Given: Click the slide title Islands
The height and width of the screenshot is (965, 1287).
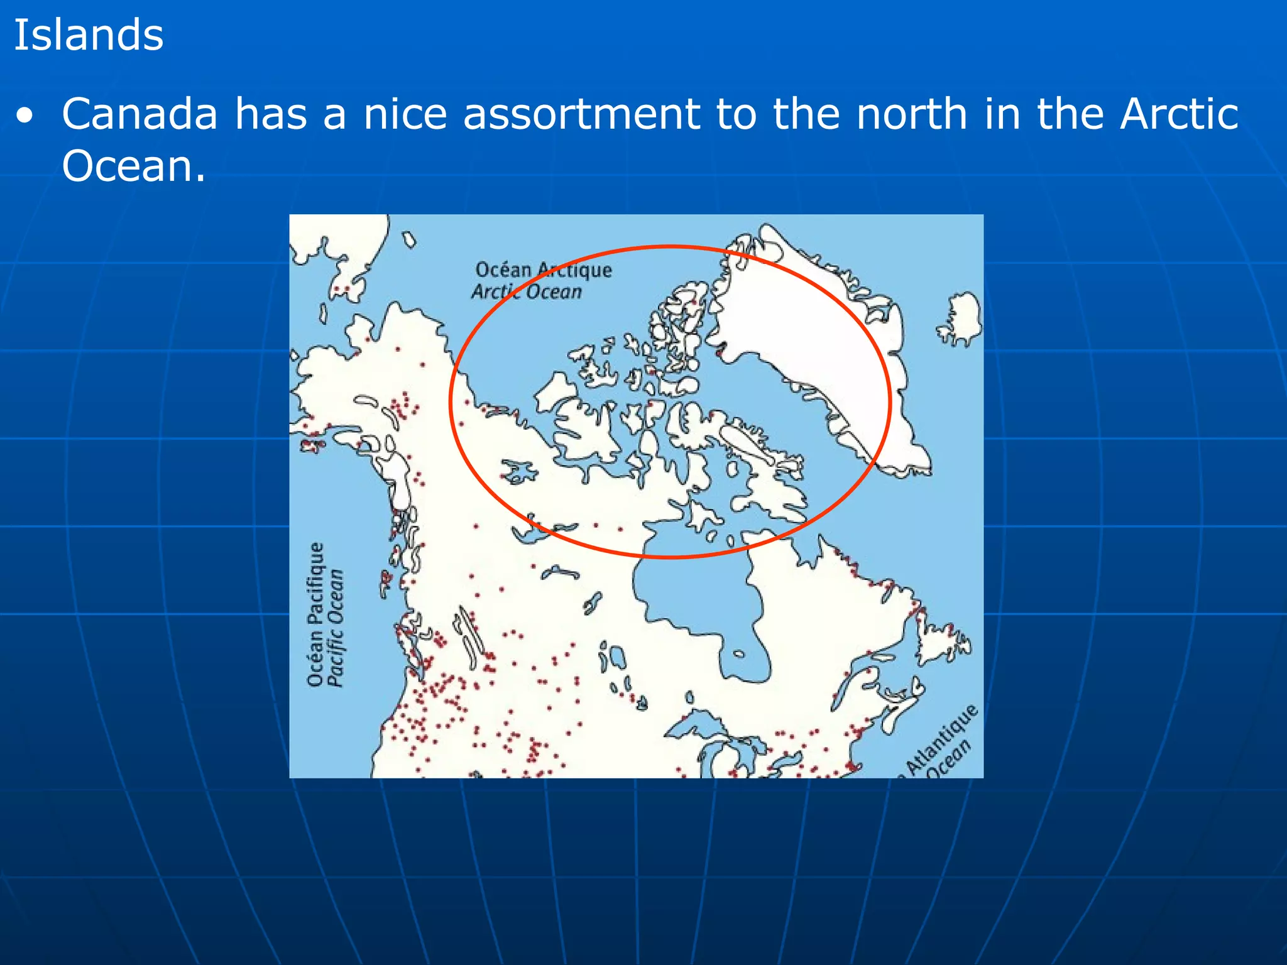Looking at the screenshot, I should click(89, 35).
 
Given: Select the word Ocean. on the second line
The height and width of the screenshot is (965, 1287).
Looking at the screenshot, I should click(133, 166).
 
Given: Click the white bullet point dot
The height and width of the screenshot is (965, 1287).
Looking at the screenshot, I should click(25, 116).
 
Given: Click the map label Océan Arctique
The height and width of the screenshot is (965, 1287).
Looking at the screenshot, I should click(543, 270).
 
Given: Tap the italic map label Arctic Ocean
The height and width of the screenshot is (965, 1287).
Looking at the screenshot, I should click(527, 292).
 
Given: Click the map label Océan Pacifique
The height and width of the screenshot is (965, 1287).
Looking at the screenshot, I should click(316, 614).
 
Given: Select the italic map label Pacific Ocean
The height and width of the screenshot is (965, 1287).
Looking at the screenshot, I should click(337, 628).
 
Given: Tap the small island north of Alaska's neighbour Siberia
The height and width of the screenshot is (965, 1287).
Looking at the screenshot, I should click(409, 239).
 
